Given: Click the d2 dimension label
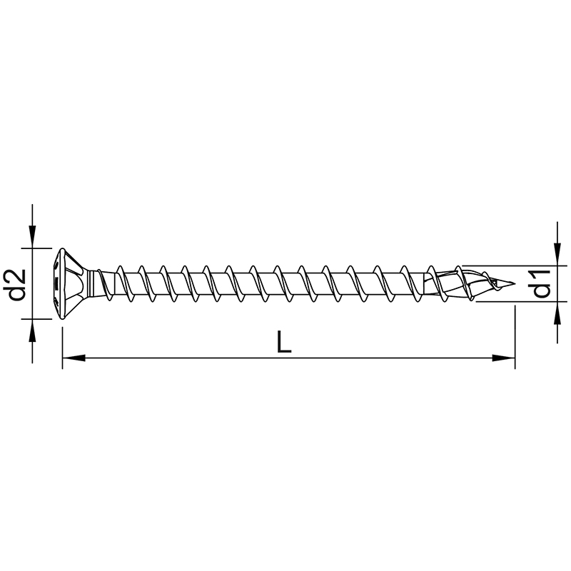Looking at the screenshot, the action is click(17, 284).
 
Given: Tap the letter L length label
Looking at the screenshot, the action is click(284, 342).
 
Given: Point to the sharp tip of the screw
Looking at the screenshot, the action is click(515, 283).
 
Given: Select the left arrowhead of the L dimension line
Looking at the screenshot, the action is click(74, 358).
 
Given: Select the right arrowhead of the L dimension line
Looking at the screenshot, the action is click(504, 358).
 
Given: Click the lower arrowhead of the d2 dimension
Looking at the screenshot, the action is click(32, 330).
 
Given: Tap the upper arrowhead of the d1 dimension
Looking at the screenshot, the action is click(557, 255).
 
